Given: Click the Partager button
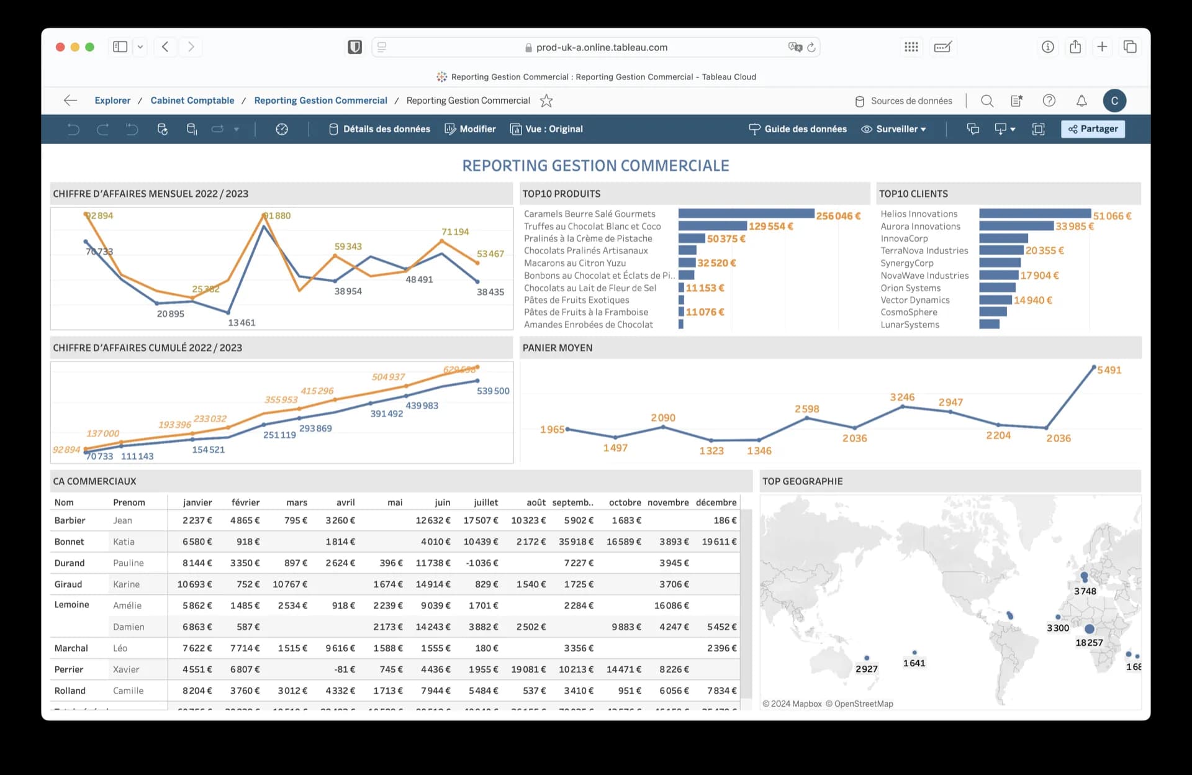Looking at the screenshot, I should [1093, 129].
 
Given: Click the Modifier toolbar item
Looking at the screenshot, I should [470, 129].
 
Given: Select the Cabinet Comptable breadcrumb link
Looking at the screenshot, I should [192, 100].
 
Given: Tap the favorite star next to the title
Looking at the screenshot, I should [546, 101].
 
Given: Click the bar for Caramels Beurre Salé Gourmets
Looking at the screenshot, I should [746, 214].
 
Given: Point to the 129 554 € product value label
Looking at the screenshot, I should [770, 226].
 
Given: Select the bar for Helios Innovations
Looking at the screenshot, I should [1034, 214].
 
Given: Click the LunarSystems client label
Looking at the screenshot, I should [910, 324].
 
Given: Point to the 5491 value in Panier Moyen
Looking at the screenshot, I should [1109, 370].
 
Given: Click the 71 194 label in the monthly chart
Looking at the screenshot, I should [455, 232].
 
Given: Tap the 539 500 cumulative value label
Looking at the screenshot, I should [493, 391].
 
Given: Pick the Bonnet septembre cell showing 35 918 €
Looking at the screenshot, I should [576, 542].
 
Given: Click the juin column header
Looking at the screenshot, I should [442, 502].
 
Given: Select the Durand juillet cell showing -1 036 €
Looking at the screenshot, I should [482, 563].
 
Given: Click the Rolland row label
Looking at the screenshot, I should [70, 690].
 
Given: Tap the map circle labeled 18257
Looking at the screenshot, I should [1089, 629].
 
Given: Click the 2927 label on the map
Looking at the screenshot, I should [866, 669].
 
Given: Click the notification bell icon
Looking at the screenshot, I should [1081, 101].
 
